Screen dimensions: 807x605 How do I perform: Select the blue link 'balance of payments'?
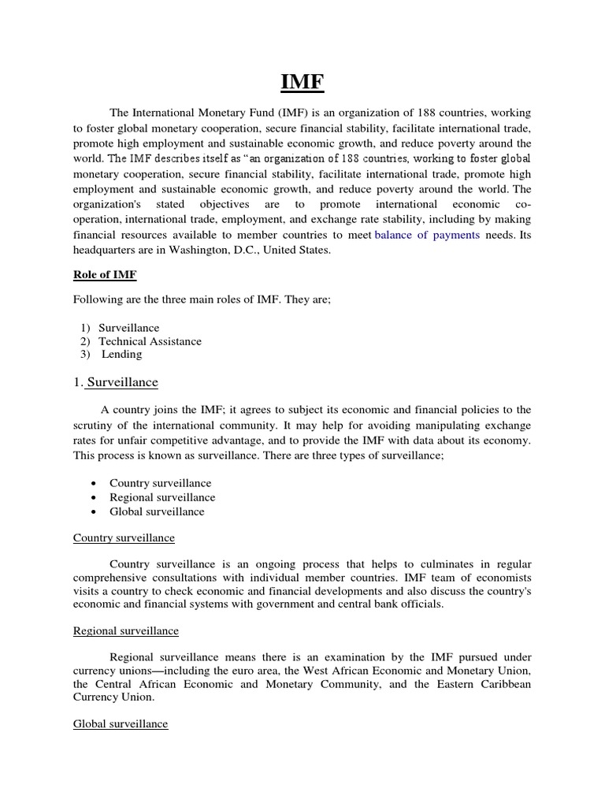coord(427,235)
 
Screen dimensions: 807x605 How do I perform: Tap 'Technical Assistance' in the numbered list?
coord(150,341)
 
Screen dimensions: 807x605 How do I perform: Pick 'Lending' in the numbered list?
coord(121,355)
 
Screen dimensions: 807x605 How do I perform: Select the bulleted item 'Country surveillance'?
coord(160,482)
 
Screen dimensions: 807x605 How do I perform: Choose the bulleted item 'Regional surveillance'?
coord(162,497)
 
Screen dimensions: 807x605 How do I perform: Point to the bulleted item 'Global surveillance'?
coord(157,511)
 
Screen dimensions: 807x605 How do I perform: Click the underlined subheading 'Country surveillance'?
coord(124,537)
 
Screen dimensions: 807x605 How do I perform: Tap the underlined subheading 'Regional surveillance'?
coord(126,630)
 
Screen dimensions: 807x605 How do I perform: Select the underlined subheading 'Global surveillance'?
coord(121,723)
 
